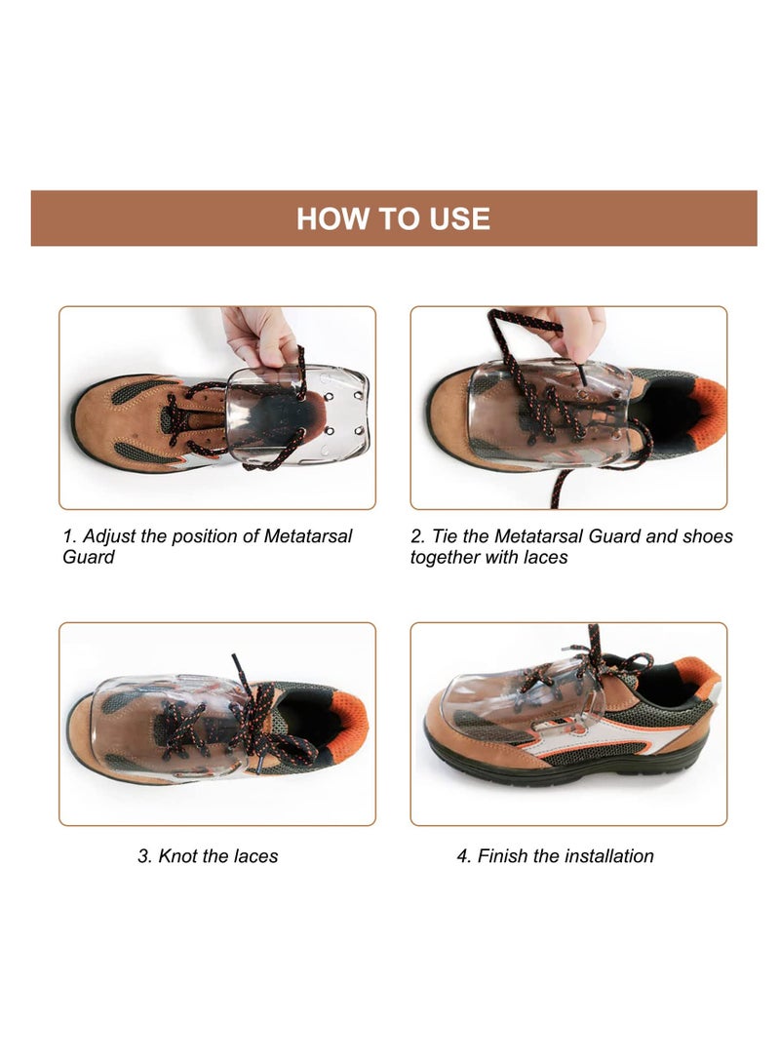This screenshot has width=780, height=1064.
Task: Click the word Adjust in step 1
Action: coord(111,536)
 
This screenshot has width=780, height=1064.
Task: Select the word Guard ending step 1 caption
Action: coord(89,557)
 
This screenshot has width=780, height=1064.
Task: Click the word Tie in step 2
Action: coord(445,536)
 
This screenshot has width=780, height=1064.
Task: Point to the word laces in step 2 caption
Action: coord(542,557)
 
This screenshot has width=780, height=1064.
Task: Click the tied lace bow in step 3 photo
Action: coord(258,722)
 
